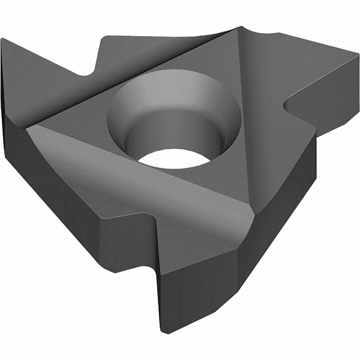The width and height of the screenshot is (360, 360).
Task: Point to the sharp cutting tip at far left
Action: click(x=3, y=41)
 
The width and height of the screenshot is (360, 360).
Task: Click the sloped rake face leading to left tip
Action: click(x=48, y=78)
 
